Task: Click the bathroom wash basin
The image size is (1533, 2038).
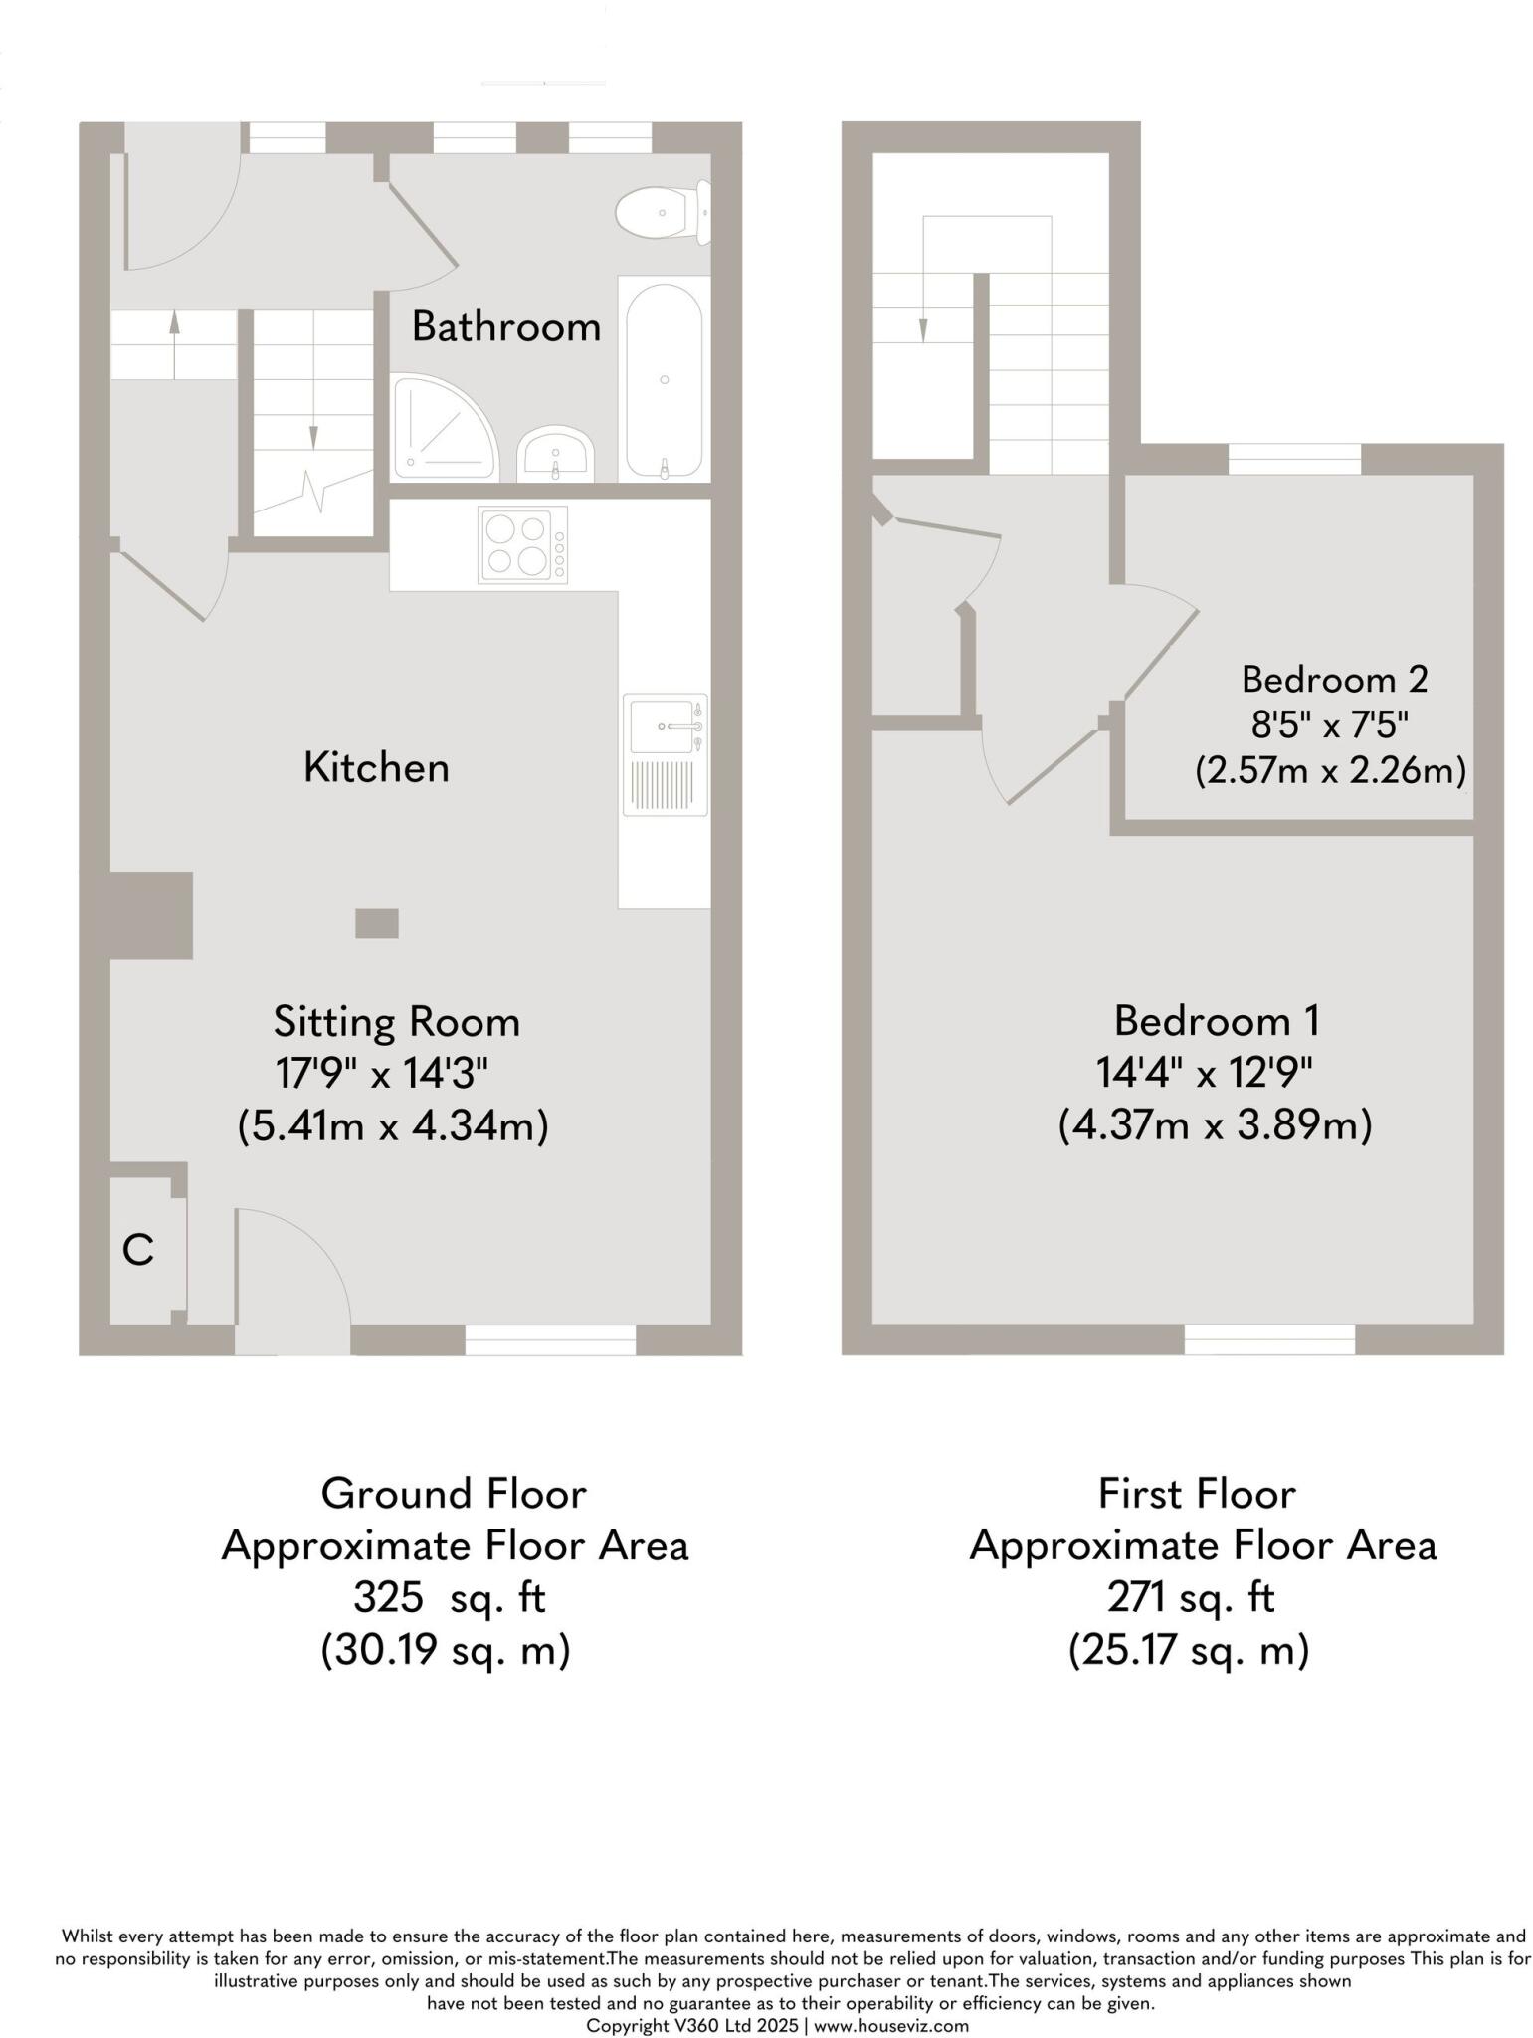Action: (556, 454)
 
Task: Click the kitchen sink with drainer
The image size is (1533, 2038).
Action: (665, 750)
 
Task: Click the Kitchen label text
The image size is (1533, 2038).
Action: (376, 767)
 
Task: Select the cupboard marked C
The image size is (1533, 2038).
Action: (139, 1249)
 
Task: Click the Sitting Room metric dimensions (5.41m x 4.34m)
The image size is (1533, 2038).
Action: (393, 1126)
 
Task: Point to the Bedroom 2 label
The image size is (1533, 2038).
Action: (1334, 679)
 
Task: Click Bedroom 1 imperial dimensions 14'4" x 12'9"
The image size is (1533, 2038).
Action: (1204, 1073)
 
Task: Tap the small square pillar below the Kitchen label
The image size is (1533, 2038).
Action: (377, 922)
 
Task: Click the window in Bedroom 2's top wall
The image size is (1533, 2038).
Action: (1293, 459)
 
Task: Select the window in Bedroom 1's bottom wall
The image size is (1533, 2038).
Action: (1268, 1339)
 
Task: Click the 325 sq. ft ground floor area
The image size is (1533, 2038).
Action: (449, 1597)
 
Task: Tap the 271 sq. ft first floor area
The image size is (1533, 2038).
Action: (1190, 1597)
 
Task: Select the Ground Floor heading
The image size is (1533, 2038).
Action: (454, 1493)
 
